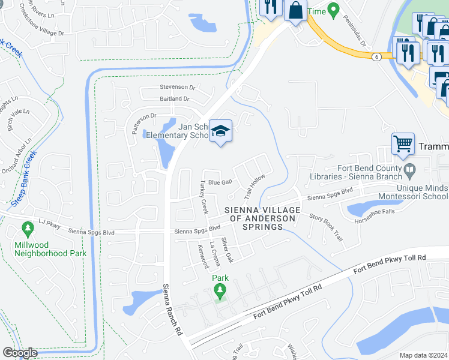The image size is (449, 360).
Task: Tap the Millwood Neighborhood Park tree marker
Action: coord(27,229)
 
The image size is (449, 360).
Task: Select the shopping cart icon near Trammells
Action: coord(403,144)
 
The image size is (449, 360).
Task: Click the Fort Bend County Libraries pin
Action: coord(409,170)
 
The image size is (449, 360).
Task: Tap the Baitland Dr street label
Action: coord(175,99)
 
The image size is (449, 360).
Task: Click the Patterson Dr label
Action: coord(141,115)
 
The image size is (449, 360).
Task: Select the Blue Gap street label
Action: coord(220,182)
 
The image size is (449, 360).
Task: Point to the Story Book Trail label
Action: coord(327,227)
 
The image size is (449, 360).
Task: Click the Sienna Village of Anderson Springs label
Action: coord(262,218)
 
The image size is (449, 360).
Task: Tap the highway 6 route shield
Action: coord(376,56)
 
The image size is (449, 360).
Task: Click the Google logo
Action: coord(20,353)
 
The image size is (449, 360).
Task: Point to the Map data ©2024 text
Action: coord(423,355)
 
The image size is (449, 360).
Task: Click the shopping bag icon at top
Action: coord(295,10)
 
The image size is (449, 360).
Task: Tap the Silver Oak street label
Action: coord(227,250)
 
